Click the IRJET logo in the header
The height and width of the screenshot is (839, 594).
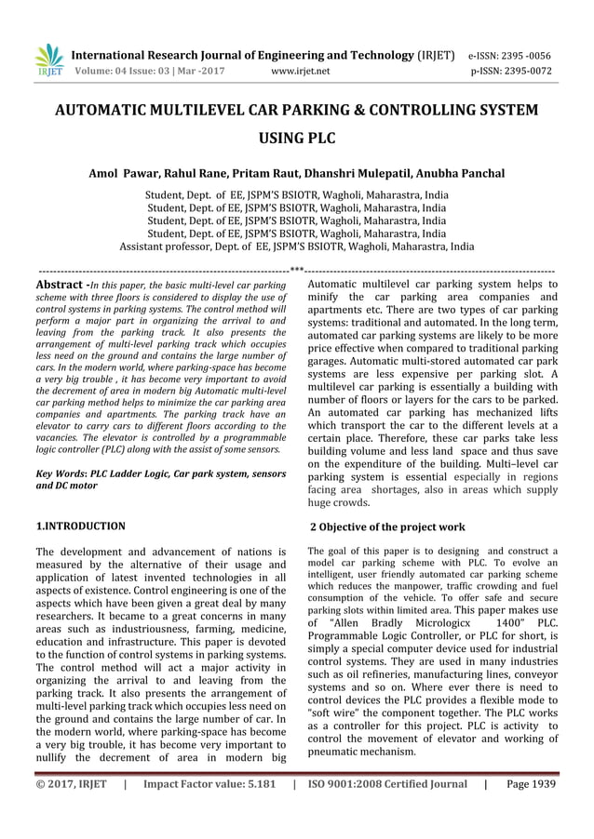[49, 60]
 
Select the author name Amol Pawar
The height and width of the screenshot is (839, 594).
[125, 174]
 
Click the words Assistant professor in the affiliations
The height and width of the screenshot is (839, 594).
[167, 247]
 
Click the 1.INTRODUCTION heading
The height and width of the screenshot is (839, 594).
[80, 526]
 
